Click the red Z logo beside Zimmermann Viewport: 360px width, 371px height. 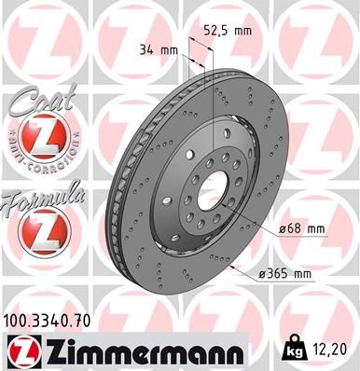[19, 350]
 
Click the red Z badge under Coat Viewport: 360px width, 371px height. [40, 142]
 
